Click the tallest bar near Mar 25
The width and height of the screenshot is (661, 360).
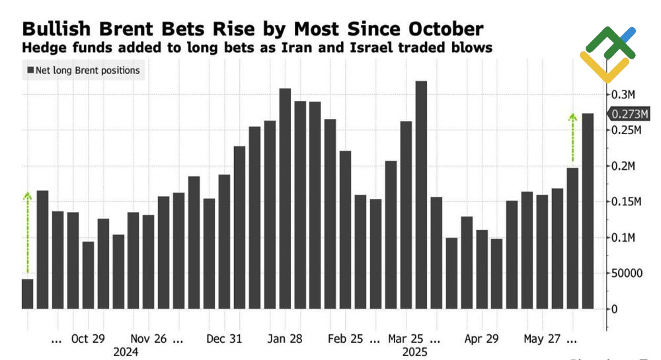(421, 195)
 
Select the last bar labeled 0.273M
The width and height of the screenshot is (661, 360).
(588, 211)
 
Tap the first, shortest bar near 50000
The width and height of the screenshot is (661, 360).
(27, 294)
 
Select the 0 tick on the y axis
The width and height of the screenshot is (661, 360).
(615, 308)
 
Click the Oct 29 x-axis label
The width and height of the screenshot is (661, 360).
(88, 339)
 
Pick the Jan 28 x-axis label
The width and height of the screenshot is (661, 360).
(286, 339)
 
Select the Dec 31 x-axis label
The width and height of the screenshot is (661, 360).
(223, 339)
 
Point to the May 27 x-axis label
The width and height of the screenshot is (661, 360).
(541, 339)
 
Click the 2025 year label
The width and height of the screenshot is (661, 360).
(415, 352)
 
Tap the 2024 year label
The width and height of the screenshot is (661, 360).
(126, 352)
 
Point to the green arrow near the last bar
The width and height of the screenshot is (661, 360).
(572, 137)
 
